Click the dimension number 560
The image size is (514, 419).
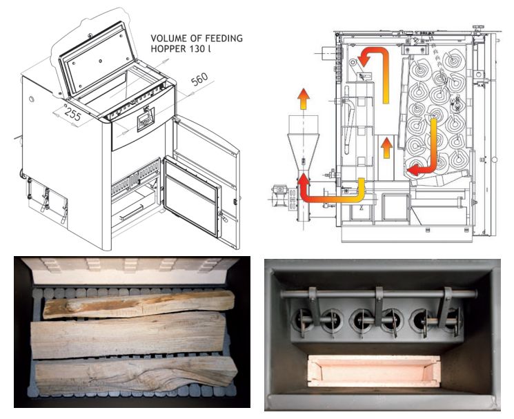pyautogui.click(x=199, y=79)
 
